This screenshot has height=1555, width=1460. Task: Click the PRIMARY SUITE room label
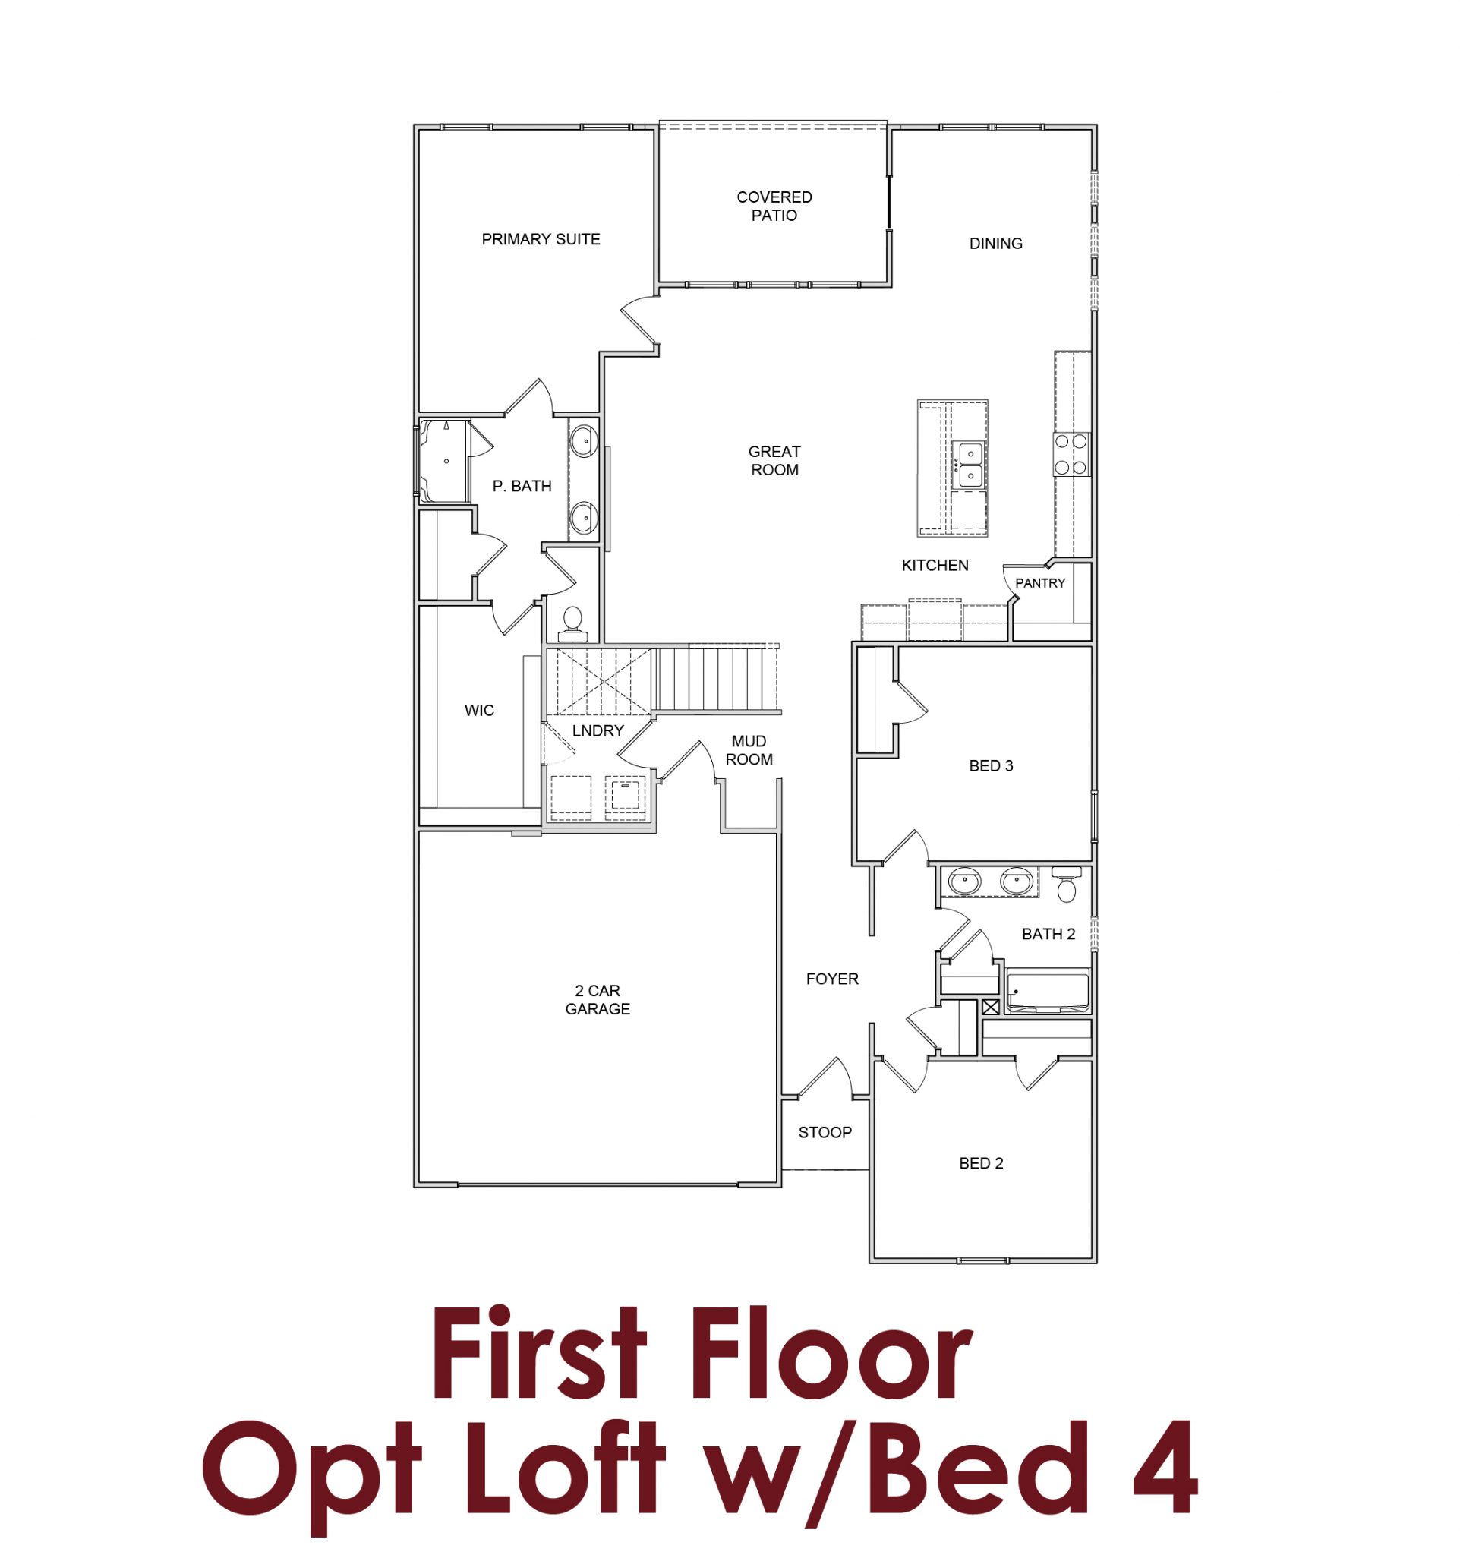tap(541, 239)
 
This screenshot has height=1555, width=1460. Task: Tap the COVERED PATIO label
tap(774, 207)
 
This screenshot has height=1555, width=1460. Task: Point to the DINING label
tap(995, 243)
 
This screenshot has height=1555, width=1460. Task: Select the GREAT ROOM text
tap(774, 461)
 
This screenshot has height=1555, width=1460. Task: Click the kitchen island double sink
tap(970, 464)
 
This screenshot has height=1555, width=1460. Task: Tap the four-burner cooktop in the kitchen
tap(1071, 455)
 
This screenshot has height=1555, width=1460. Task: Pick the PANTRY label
tap(1039, 582)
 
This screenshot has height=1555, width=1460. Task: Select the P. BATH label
tap(522, 487)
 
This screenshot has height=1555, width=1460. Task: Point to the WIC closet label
tap(478, 710)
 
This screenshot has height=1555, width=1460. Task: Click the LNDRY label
tap(598, 730)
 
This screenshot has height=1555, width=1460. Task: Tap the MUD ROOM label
tap(749, 750)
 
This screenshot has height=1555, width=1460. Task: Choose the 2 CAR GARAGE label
tap(598, 1000)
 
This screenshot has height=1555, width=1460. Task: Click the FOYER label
tap(831, 979)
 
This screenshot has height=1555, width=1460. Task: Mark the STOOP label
tap(825, 1132)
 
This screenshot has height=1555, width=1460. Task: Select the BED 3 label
tap(990, 766)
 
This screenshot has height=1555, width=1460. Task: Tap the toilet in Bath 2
tap(1066, 885)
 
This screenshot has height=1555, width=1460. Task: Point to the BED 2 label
tap(981, 1163)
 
